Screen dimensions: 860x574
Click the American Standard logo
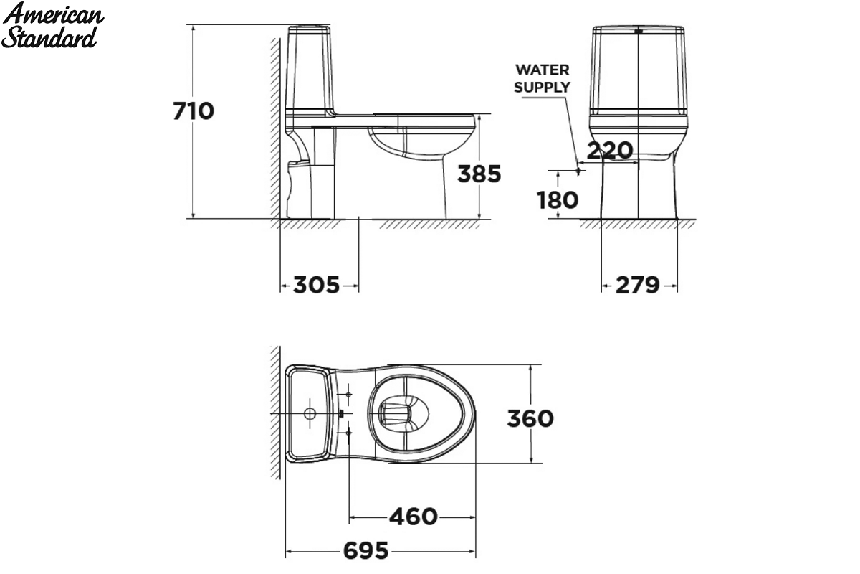click(52, 25)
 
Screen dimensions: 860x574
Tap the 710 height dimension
click(193, 111)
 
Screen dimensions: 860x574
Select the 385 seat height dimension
click(479, 174)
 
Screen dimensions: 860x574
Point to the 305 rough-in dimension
click(316, 285)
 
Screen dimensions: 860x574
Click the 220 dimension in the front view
click(610, 150)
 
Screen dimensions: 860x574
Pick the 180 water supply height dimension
click(558, 200)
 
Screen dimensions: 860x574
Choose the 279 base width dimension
click(637, 286)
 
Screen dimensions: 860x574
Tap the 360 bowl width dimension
click(530, 418)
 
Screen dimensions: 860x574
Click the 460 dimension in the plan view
click(414, 517)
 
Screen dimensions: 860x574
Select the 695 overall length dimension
click(365, 550)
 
